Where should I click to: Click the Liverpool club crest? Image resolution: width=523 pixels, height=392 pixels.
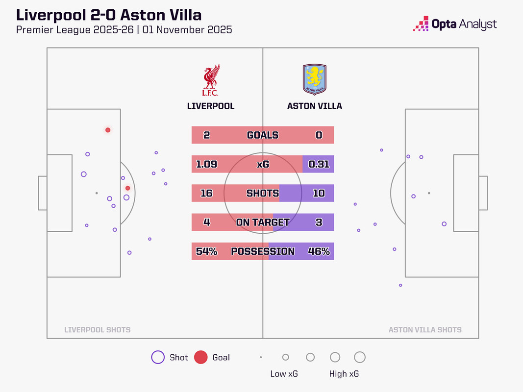pyautogui.click(x=211, y=80)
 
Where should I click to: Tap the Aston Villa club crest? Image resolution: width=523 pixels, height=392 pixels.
pyautogui.click(x=314, y=79)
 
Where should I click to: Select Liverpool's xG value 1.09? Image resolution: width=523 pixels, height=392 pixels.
pyautogui.click(x=206, y=164)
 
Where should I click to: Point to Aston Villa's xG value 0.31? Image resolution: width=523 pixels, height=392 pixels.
pyautogui.click(x=319, y=164)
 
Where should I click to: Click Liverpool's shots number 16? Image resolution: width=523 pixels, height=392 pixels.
pyautogui.click(x=206, y=193)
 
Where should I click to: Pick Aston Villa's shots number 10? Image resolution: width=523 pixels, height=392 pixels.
pyautogui.click(x=319, y=193)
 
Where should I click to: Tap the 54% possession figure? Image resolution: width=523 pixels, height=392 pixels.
pyautogui.click(x=206, y=251)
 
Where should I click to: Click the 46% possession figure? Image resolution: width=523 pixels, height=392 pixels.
pyautogui.click(x=319, y=251)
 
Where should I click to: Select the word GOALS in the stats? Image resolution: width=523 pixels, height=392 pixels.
pyautogui.click(x=263, y=135)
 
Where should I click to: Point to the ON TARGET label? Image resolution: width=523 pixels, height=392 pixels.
pyautogui.click(x=263, y=222)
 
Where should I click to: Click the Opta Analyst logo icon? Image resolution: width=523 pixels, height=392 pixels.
pyautogui.click(x=421, y=24)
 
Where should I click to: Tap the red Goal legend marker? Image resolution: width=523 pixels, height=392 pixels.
pyautogui.click(x=200, y=358)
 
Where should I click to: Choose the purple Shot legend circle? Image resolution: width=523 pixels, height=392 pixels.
pyautogui.click(x=158, y=358)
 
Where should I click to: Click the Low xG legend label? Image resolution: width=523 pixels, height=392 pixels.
pyautogui.click(x=284, y=374)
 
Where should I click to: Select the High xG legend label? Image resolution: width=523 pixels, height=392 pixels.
pyautogui.click(x=344, y=374)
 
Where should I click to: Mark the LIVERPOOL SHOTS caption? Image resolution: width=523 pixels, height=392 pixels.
pyautogui.click(x=98, y=330)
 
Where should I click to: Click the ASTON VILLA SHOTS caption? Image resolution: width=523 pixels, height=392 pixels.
pyautogui.click(x=425, y=330)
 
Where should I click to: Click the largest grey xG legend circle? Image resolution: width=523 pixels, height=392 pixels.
pyautogui.click(x=360, y=357)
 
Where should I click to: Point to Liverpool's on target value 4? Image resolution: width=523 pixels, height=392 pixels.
pyautogui.click(x=206, y=222)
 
